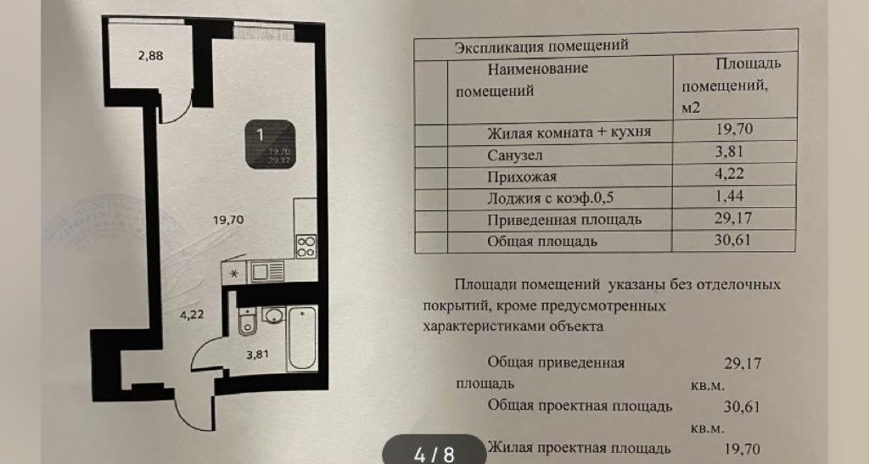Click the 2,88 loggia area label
(150, 58)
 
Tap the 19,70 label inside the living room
(228, 219)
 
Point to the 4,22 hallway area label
(191, 313)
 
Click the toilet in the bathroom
(249, 322)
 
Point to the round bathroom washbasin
(275, 316)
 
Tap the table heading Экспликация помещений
(541, 46)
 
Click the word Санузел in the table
(515, 155)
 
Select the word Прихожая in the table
(522, 177)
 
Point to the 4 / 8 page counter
(434, 454)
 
